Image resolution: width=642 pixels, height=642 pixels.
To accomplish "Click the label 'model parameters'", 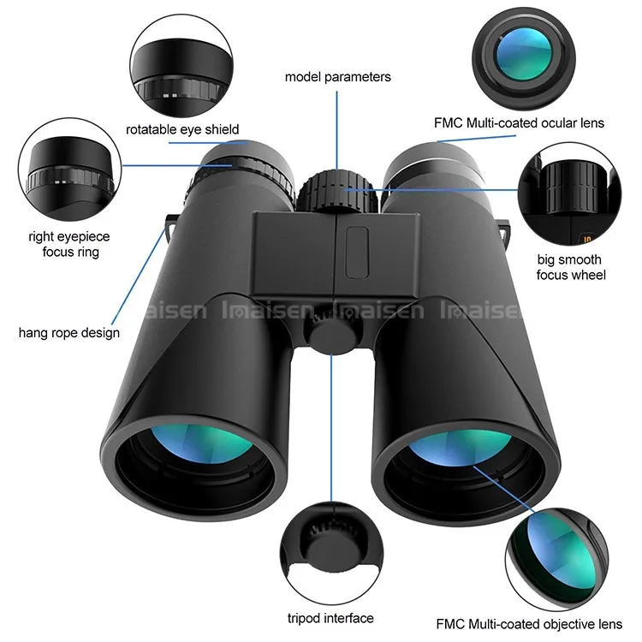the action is pyautogui.click(x=337, y=77).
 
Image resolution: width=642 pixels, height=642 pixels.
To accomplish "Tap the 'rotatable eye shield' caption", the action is pyautogui.click(x=182, y=130).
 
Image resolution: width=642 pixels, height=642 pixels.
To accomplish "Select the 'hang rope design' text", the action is pyautogui.click(x=69, y=332).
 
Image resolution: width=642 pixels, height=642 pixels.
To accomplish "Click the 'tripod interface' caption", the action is pyautogui.click(x=330, y=617).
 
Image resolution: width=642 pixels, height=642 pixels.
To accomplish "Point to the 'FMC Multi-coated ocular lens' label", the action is pyautogui.click(x=520, y=123).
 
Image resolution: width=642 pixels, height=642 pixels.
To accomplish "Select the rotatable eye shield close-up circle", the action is pyautogui.click(x=181, y=64).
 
